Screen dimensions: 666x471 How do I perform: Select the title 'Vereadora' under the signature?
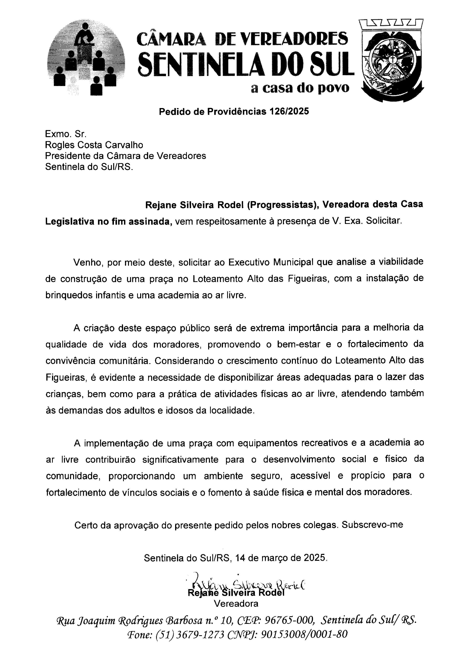click(236, 604)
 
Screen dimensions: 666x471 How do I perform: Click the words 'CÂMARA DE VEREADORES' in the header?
click(242, 39)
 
